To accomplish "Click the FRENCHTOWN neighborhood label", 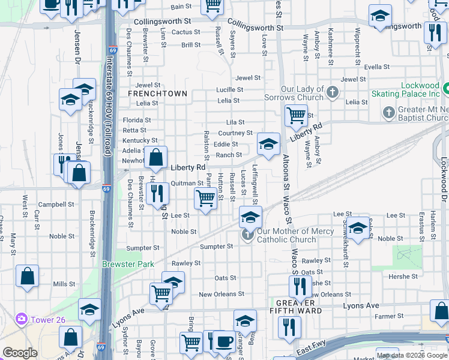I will click(158, 94).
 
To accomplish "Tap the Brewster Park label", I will click(128, 264).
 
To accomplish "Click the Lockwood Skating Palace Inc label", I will click(415, 90).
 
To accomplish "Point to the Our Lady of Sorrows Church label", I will click(294, 93).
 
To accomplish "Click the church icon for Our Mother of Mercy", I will click(247, 235).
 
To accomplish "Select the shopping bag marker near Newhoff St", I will click(155, 158).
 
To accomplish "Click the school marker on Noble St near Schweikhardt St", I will click(358, 228).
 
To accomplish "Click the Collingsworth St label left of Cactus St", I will click(157, 21).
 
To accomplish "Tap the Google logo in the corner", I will click(20, 353).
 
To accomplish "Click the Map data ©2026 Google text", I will click(411, 355).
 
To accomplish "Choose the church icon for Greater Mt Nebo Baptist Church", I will click(389, 112).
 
